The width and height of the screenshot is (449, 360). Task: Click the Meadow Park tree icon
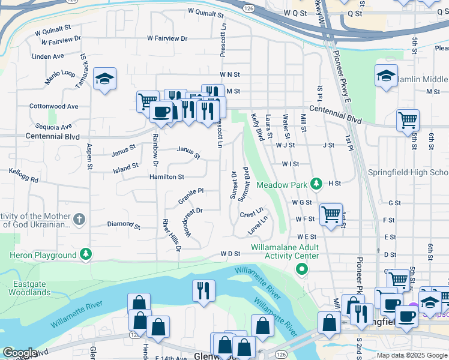pos(317,184)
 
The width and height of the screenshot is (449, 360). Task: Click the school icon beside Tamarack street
pos(104,79)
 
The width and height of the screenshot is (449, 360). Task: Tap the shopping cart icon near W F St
pos(331,214)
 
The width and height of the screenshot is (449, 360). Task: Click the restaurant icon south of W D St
pos(204,290)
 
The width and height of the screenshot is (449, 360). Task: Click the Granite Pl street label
pos(191,195)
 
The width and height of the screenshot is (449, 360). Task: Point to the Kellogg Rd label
pos(23,175)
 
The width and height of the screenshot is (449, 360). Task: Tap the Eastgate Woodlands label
pos(29,288)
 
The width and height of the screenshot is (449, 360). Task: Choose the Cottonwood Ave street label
pos(54,106)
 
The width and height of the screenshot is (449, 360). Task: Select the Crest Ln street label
pos(252,214)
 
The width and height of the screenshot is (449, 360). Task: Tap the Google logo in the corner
pos(20,353)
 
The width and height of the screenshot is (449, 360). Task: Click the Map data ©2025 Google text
pos(412,355)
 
